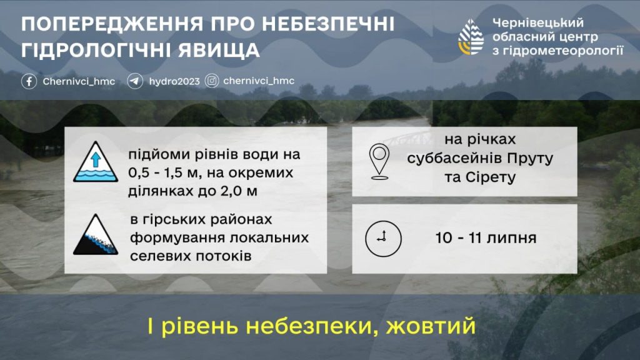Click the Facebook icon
click(x=29, y=81)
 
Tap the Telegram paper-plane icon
click(x=135, y=81)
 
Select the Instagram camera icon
click(x=211, y=81)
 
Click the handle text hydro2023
click(x=174, y=82)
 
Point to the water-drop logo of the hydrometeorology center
click(x=471, y=37)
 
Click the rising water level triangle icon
click(x=96, y=162)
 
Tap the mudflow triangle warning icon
click(x=96, y=235)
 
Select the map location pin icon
click(x=379, y=162)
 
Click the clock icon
click(x=383, y=239)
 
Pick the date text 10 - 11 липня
click(x=486, y=238)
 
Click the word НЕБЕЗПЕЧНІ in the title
click(x=328, y=24)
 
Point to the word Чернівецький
click(x=538, y=23)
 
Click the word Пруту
click(x=530, y=158)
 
